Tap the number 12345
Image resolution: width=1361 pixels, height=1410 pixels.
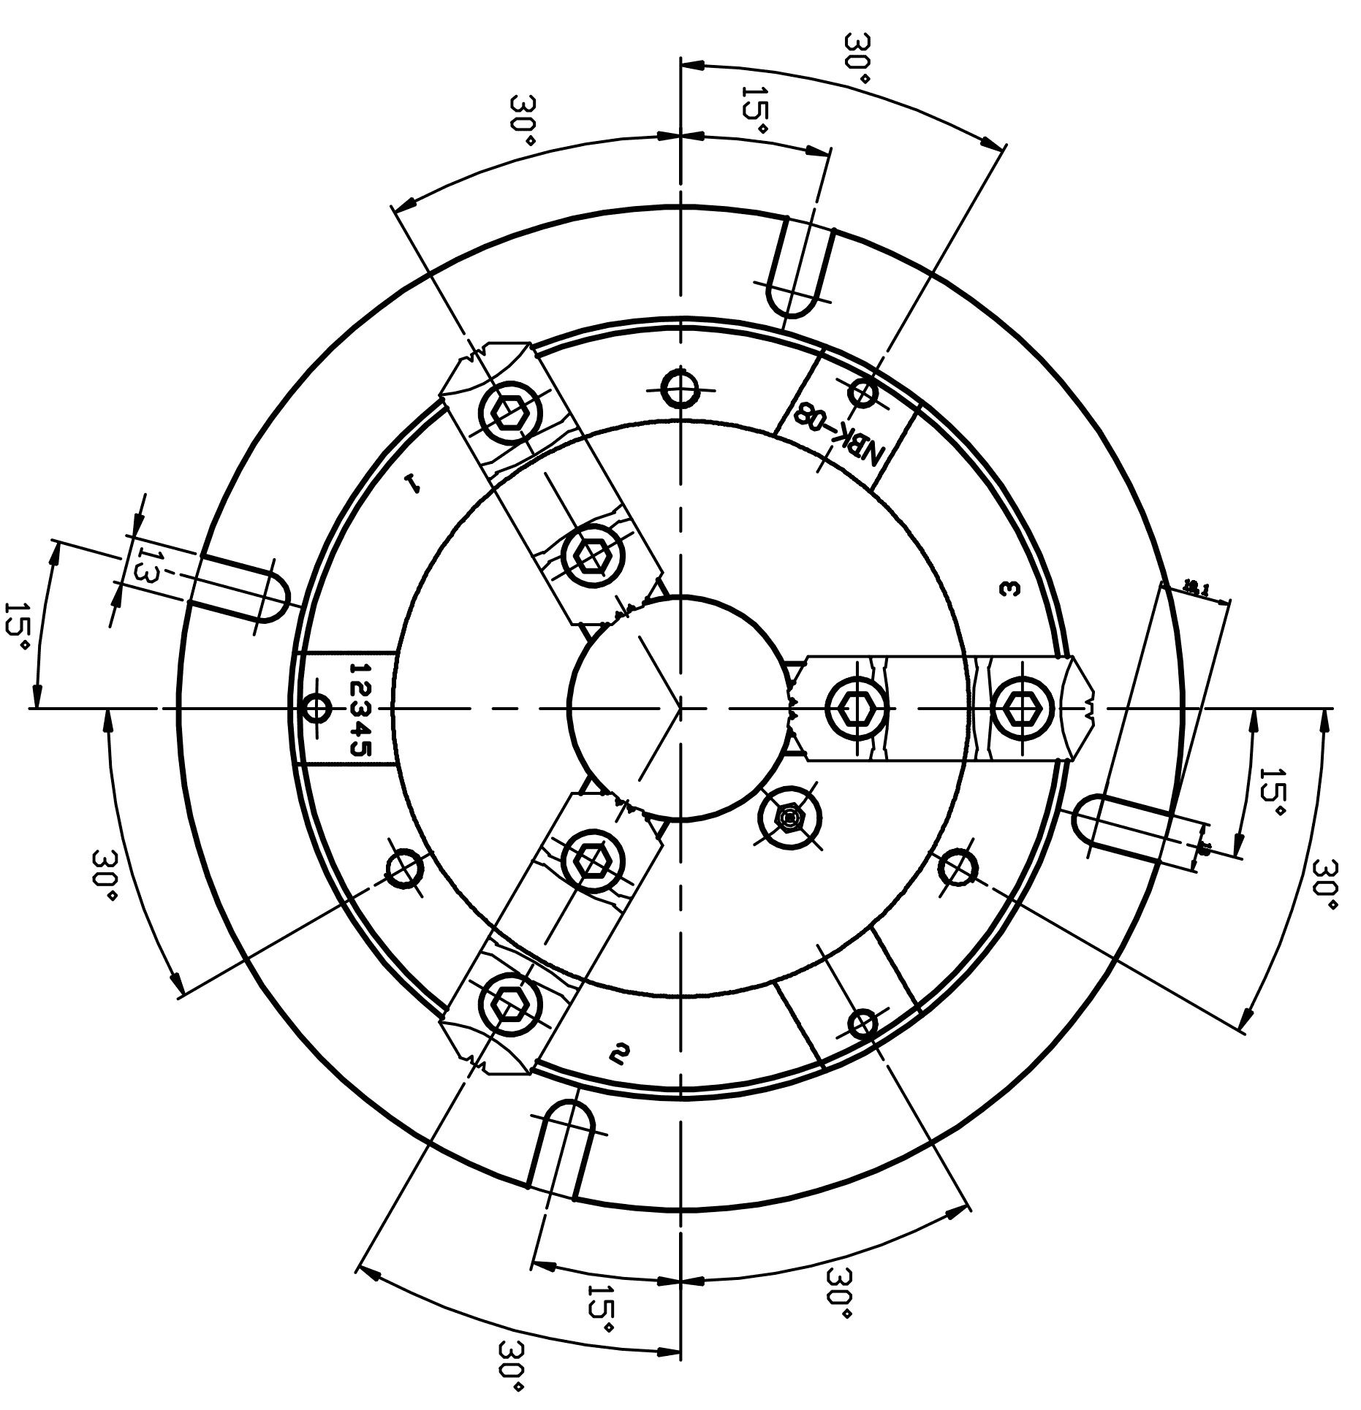click(x=360, y=709)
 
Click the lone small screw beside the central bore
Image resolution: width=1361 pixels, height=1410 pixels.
click(x=789, y=818)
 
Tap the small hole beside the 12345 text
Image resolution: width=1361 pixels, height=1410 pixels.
click(x=316, y=708)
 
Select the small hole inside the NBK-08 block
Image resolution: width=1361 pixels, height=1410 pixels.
click(x=863, y=392)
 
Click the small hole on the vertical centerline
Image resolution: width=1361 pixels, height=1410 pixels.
click(x=680, y=389)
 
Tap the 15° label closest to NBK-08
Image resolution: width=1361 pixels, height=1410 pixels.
click(x=754, y=110)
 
